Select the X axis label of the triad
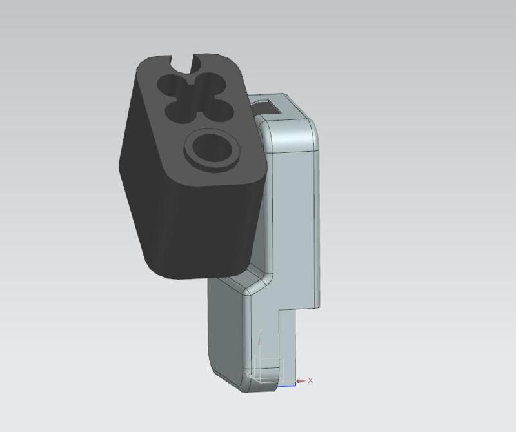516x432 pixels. coord(310,380)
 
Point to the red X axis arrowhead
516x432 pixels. coord(301,381)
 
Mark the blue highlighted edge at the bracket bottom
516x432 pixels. coord(286,386)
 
